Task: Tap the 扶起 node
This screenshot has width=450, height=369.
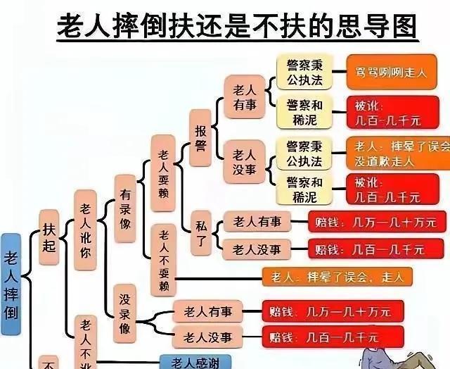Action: [x=48, y=239]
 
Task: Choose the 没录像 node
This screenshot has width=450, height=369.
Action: [x=124, y=310]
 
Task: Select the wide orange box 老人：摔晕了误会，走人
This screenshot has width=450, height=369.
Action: [x=337, y=277]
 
